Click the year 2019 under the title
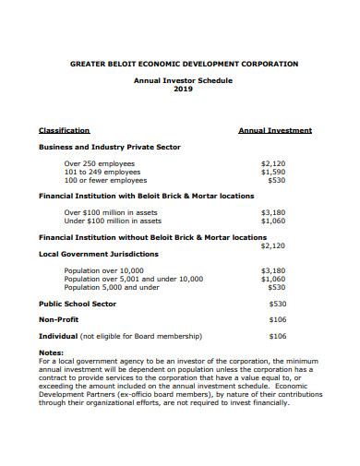coord(185,90)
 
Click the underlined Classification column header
coord(64,131)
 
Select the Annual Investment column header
coord(275,131)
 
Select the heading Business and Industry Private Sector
coord(109,147)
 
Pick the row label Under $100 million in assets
coord(113,221)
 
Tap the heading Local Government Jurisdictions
coord(98,254)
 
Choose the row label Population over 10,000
coord(104,270)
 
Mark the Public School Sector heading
coord(77,304)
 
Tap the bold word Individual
coord(58,337)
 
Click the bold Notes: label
coord(51,353)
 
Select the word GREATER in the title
coord(89,65)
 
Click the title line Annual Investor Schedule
coord(185,81)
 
